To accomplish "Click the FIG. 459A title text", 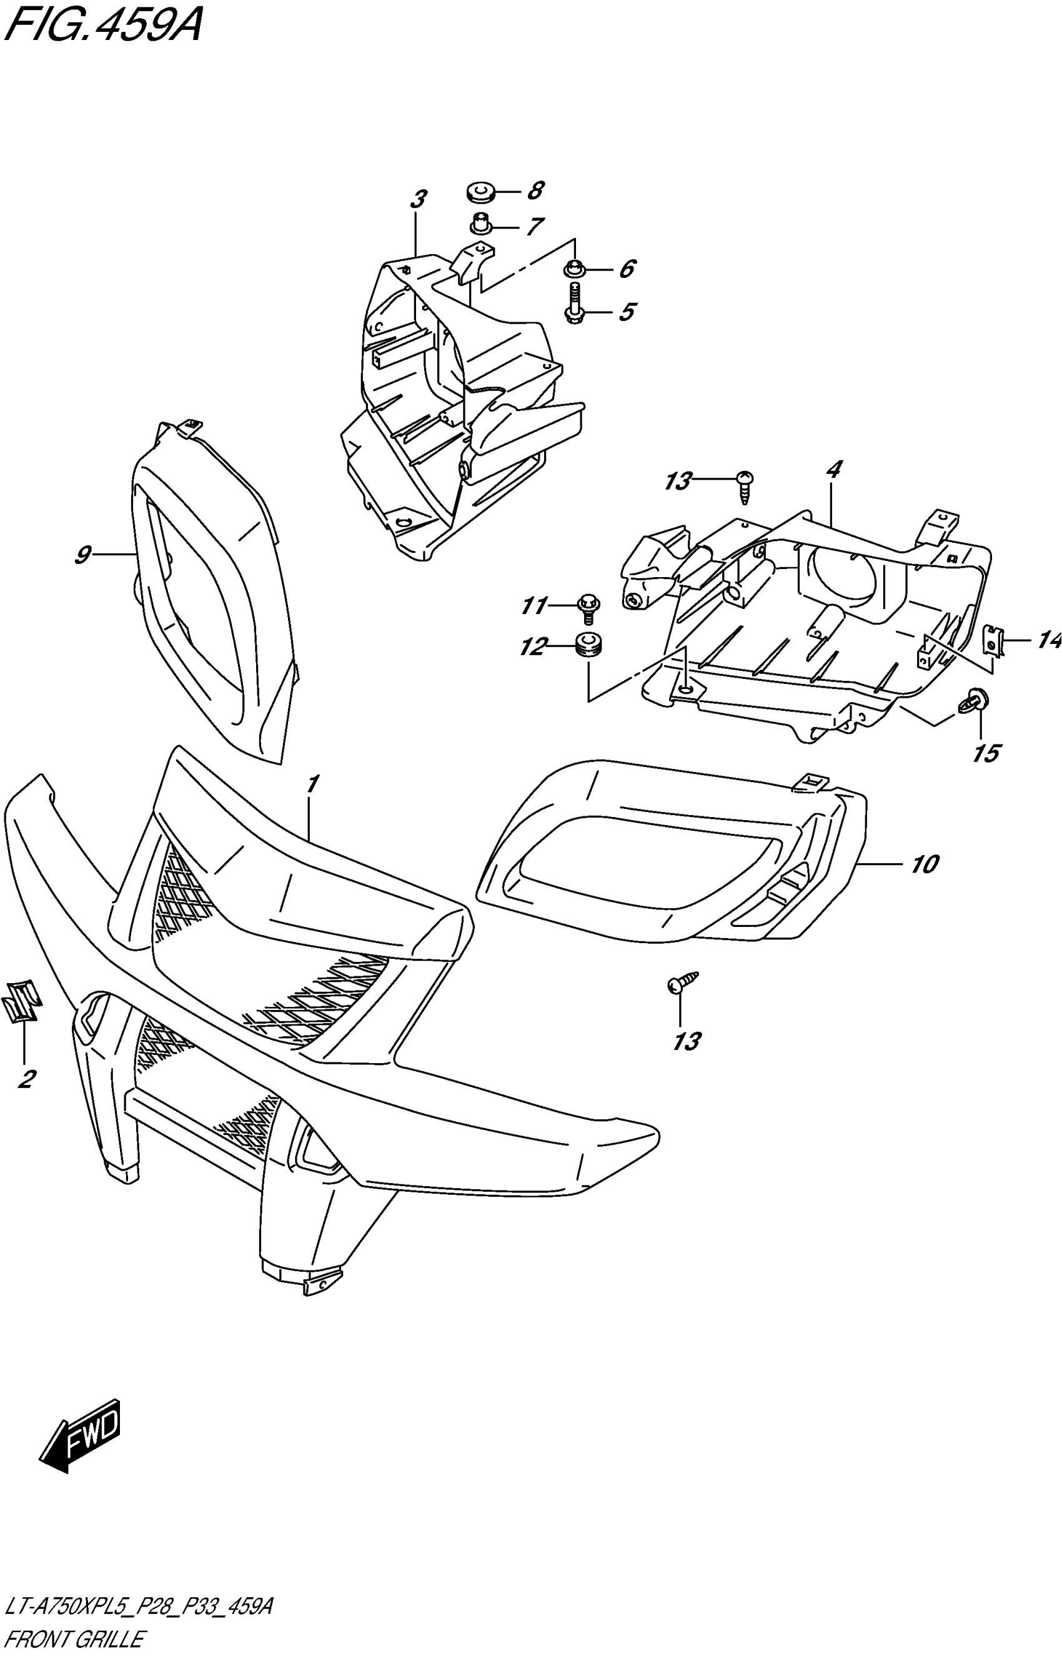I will [x=104, y=27].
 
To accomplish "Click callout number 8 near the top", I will [x=536, y=191].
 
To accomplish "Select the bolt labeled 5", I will [x=573, y=304].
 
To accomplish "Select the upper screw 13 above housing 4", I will [x=745, y=485].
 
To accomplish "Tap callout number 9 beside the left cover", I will [x=82, y=555].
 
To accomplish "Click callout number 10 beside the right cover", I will [x=925, y=864].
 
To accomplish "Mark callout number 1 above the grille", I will [x=312, y=784].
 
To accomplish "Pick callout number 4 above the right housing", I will [x=834, y=470].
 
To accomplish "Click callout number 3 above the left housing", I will [x=418, y=200].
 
